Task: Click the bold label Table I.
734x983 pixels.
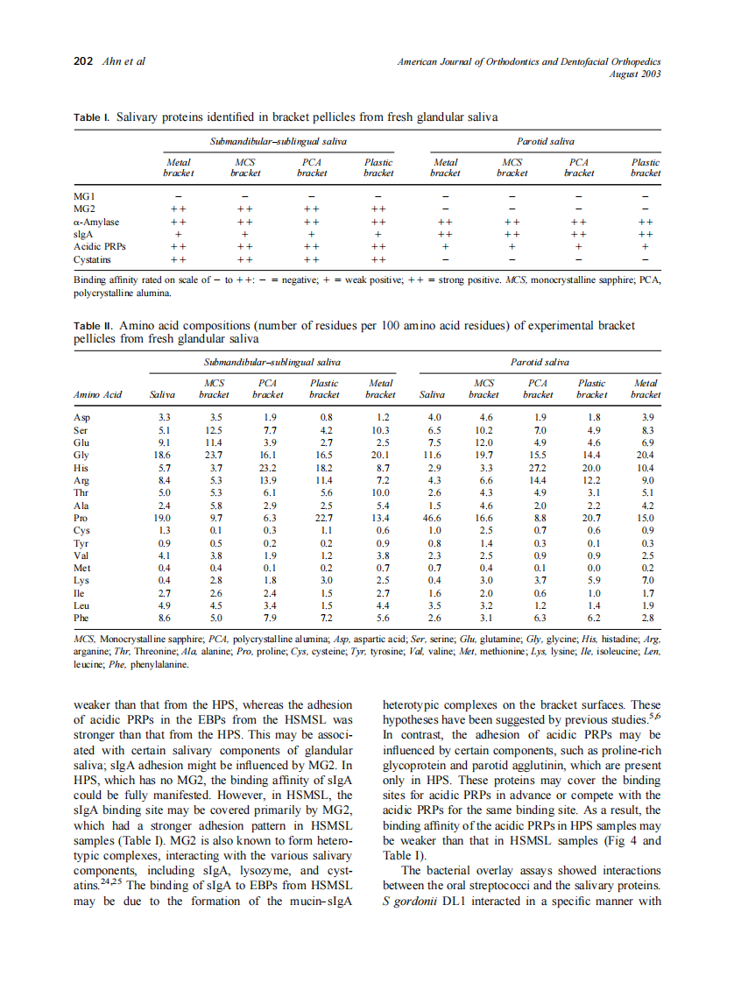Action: point(92,117)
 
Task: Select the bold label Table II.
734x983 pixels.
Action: point(93,325)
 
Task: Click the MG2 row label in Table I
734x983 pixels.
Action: point(85,209)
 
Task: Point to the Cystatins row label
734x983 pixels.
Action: point(93,260)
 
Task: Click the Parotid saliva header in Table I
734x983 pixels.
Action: point(545,140)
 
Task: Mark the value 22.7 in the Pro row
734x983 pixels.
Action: point(324,518)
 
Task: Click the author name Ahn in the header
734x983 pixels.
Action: point(111,61)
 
